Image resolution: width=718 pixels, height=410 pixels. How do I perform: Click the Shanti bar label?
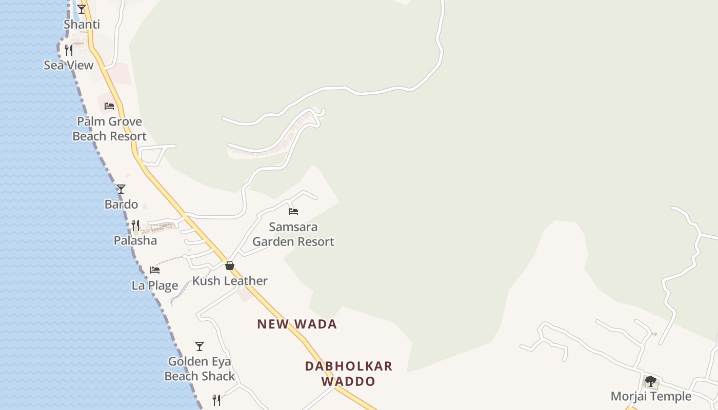(x=82, y=25)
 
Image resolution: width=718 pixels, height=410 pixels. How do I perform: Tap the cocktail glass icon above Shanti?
(x=82, y=9)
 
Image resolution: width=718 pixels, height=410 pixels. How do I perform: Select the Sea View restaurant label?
(x=69, y=65)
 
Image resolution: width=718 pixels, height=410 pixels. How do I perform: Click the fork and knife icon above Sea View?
(x=69, y=50)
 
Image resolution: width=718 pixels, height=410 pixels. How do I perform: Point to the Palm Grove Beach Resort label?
(x=109, y=129)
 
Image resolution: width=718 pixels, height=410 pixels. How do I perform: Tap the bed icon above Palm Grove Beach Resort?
(x=109, y=106)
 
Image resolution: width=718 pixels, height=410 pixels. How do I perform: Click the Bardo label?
(x=121, y=204)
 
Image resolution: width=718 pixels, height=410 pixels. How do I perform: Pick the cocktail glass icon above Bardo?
(x=121, y=189)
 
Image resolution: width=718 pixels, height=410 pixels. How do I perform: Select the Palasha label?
(x=135, y=240)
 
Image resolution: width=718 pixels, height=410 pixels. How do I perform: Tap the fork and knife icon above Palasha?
(x=135, y=225)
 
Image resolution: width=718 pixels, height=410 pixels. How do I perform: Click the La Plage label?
(x=155, y=285)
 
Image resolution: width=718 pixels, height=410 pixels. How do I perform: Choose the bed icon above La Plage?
(x=155, y=270)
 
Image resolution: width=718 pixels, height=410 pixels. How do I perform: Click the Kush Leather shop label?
(x=230, y=281)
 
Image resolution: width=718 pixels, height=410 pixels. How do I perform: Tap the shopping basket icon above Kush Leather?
(x=230, y=265)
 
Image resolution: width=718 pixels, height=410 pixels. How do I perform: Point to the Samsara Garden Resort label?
(x=293, y=234)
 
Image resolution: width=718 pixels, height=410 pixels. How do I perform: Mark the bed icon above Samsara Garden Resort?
(x=293, y=211)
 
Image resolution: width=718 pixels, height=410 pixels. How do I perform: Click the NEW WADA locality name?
(x=297, y=324)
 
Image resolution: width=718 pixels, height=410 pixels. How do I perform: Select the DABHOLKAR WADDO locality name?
(x=349, y=374)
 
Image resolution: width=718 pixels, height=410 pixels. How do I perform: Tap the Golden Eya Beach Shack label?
(x=200, y=369)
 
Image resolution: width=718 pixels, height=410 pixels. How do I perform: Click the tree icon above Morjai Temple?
(x=651, y=381)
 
